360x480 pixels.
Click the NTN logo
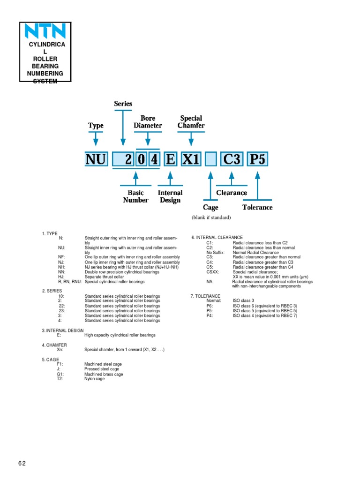click(x=45, y=32)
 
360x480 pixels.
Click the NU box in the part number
click(x=96, y=160)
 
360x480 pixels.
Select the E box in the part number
click(x=170, y=160)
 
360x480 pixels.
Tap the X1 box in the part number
click(x=191, y=160)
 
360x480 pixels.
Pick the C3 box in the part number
click(x=232, y=160)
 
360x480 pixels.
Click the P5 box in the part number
click(x=257, y=160)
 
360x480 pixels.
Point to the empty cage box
click(x=210, y=160)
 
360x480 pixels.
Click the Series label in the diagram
click(x=123, y=104)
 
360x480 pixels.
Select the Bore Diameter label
click(x=148, y=122)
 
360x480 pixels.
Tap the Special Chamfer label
click(x=191, y=122)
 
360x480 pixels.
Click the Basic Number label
click(x=135, y=196)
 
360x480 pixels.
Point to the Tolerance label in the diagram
click(x=257, y=207)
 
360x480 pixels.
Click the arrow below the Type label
click(x=96, y=139)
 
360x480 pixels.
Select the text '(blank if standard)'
click(x=211, y=218)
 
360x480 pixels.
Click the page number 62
click(x=22, y=464)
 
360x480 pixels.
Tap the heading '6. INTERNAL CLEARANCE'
click(x=217, y=238)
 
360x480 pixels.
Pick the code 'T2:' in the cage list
click(x=60, y=379)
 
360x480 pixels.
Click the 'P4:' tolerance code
click(x=210, y=315)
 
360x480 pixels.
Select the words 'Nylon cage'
click(x=94, y=379)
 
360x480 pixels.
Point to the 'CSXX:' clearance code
click(x=212, y=272)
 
